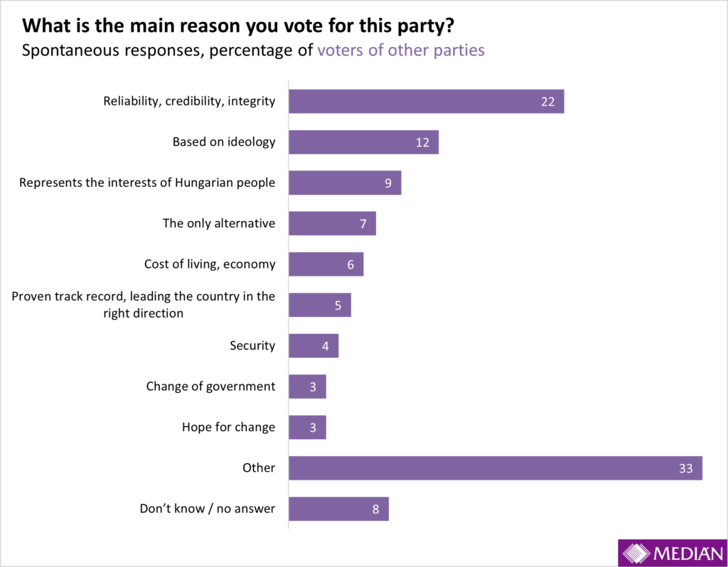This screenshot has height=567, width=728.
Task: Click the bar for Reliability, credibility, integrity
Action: click(x=426, y=101)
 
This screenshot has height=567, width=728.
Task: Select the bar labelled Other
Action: click(x=495, y=468)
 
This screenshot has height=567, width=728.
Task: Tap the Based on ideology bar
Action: click(x=363, y=142)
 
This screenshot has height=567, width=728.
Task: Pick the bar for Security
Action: click(x=314, y=346)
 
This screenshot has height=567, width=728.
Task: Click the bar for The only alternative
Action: click(x=332, y=223)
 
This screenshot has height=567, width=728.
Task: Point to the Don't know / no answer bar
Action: click(x=338, y=509)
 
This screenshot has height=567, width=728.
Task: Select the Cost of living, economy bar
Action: click(x=326, y=264)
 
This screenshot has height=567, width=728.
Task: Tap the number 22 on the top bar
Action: click(x=547, y=102)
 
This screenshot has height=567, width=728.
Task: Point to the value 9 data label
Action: click(x=388, y=183)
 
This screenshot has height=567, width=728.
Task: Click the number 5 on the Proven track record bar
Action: click(x=338, y=306)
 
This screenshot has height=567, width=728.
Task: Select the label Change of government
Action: click(x=210, y=387)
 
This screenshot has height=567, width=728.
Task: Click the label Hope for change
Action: click(x=228, y=427)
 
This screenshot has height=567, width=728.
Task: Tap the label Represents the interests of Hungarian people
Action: click(x=147, y=183)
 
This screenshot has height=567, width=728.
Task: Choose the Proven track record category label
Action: click(x=144, y=304)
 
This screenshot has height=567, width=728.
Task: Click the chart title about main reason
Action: click(x=238, y=27)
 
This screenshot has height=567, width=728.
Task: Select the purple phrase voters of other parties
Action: click(x=401, y=50)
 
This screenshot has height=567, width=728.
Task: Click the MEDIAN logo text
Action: click(x=687, y=553)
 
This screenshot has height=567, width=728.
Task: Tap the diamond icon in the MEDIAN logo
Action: click(x=635, y=553)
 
